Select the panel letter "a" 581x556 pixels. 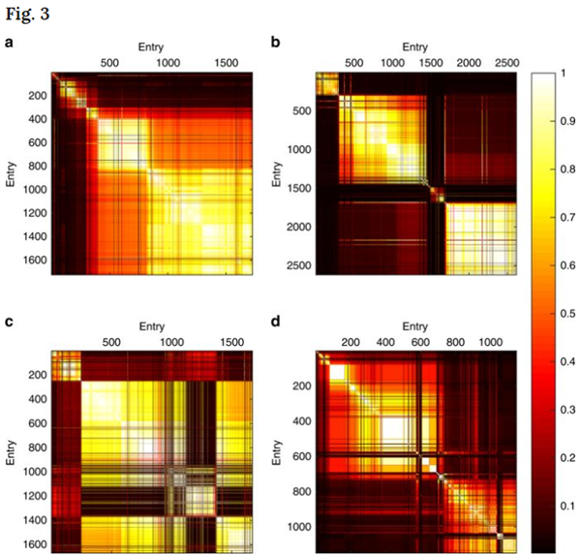pyautogui.click(x=10, y=44)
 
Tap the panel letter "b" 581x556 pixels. pyautogui.click(x=276, y=44)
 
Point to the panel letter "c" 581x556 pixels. pyautogui.click(x=10, y=324)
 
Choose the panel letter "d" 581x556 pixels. pyautogui.click(x=276, y=324)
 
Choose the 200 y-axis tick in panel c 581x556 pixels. pyautogui.click(x=39, y=375)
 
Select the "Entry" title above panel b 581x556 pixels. pyautogui.click(x=413, y=46)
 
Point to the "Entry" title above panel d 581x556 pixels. pyautogui.click(x=413, y=326)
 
